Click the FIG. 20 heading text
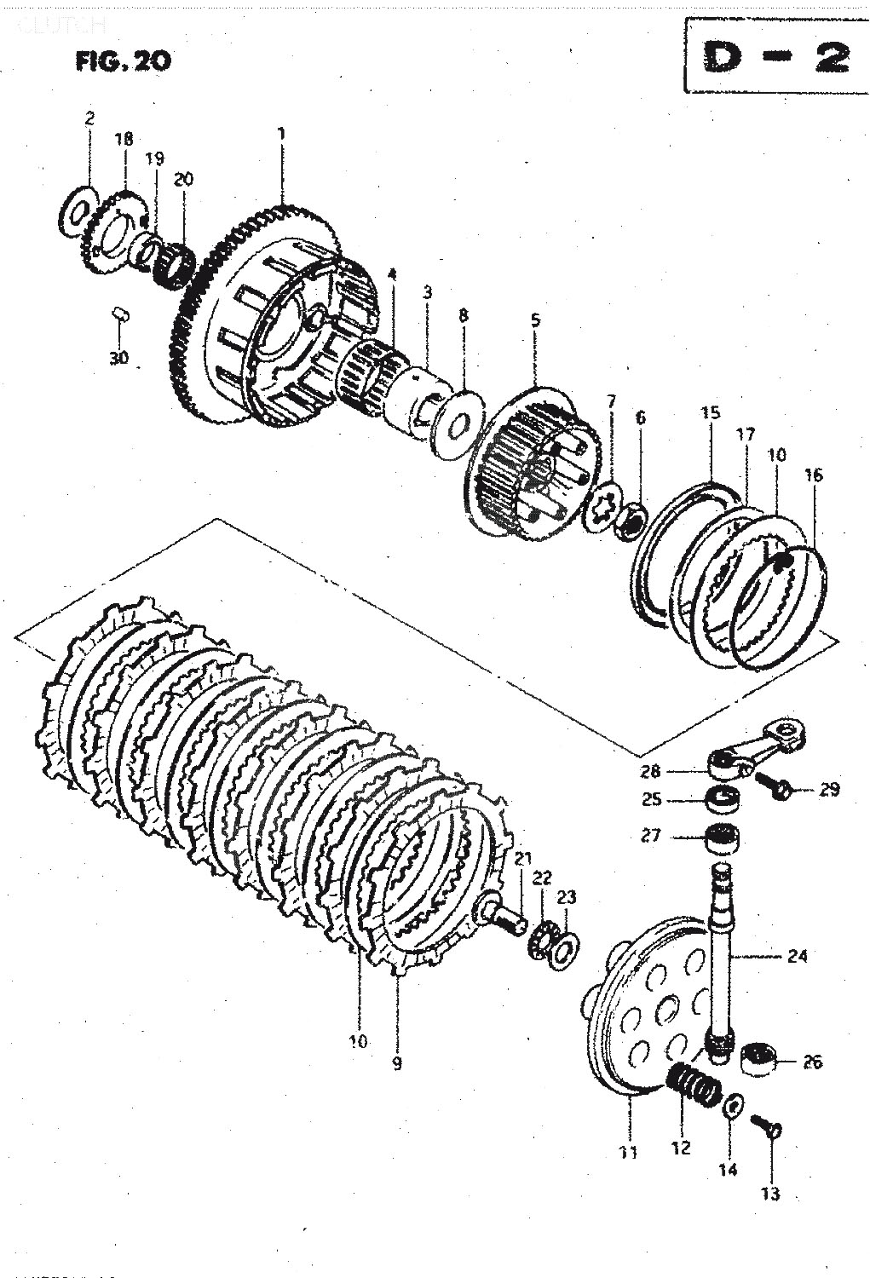click(123, 61)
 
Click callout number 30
click(118, 358)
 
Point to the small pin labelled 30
click(120, 315)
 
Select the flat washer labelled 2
click(79, 205)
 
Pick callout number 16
click(813, 475)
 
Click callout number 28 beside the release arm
click(674, 771)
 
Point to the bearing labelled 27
click(723, 838)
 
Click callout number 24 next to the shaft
click(797, 955)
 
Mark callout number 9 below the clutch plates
click(396, 1062)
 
